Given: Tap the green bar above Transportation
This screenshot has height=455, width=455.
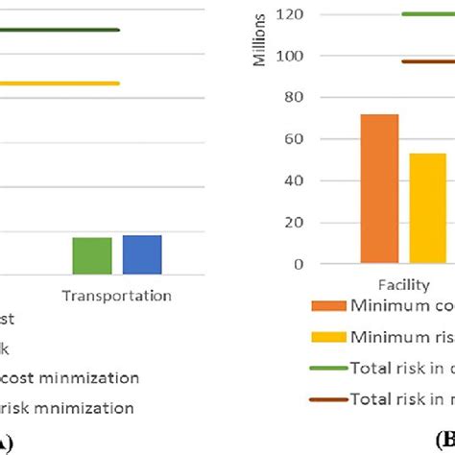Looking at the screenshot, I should pyautogui.click(x=92, y=255).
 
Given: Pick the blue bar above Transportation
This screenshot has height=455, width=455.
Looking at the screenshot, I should pyautogui.click(x=142, y=254).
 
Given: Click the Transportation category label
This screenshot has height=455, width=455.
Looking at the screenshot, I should pyautogui.click(x=117, y=296).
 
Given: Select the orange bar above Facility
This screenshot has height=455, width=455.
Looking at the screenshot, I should pyautogui.click(x=379, y=188).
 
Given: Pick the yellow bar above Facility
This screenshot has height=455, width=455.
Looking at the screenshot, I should pyautogui.click(x=428, y=207).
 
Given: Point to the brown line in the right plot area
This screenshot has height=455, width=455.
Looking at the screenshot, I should pyautogui.click(x=428, y=61).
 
